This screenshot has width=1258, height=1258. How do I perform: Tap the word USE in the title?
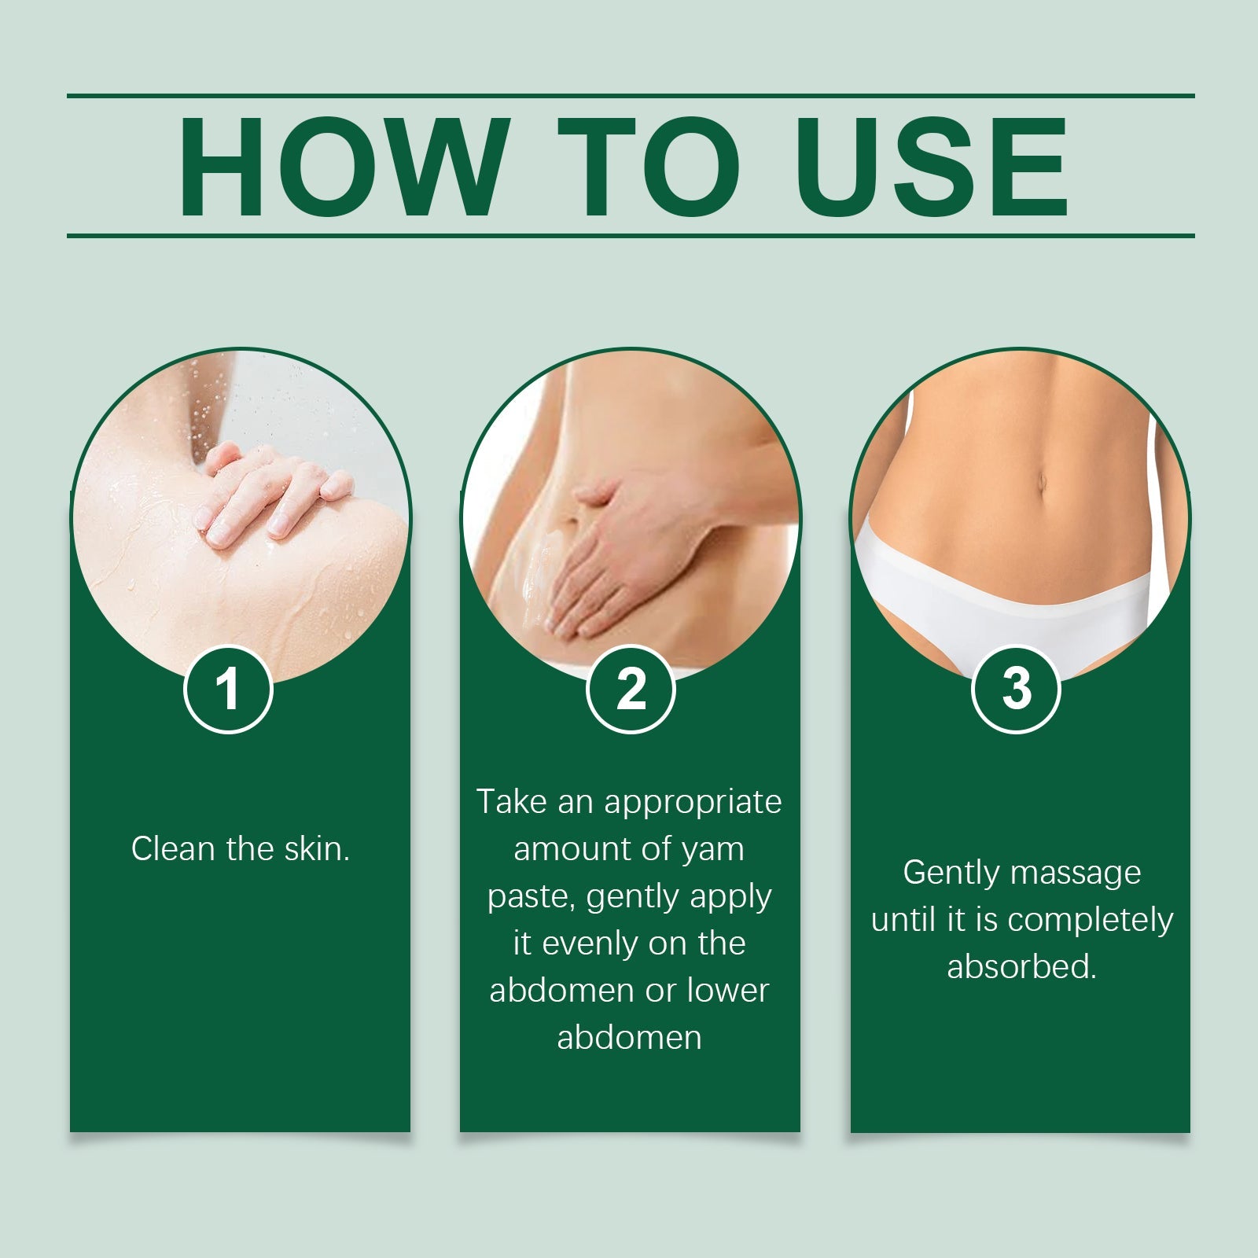click(x=932, y=166)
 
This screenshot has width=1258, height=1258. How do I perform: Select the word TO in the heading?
click(x=649, y=166)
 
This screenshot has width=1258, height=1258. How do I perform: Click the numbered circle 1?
click(x=228, y=690)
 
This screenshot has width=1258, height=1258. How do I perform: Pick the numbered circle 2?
click(x=631, y=690)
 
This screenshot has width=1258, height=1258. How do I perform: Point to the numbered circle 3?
click(x=1016, y=690)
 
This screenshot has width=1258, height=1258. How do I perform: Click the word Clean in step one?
click(x=173, y=849)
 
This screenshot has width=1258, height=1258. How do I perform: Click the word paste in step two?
click(x=532, y=897)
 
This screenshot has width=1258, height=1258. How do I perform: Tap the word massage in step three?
click(x=1076, y=874)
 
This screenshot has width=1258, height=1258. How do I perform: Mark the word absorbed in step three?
click(x=1021, y=967)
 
